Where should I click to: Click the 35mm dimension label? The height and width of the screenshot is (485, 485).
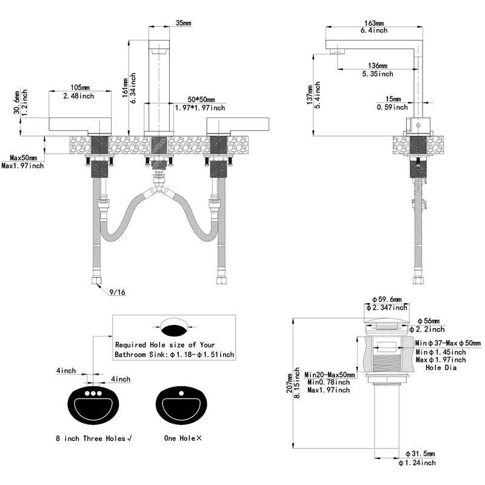pyautogui.click(x=183, y=23)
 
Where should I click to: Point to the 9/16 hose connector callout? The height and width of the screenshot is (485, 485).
pyautogui.click(x=118, y=293)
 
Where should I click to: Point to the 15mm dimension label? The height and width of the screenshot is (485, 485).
pyautogui.click(x=392, y=99)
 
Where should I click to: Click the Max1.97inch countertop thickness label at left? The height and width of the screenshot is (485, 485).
pyautogui.click(x=22, y=166)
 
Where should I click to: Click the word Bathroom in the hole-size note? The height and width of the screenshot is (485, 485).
pyautogui.click(x=131, y=354)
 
